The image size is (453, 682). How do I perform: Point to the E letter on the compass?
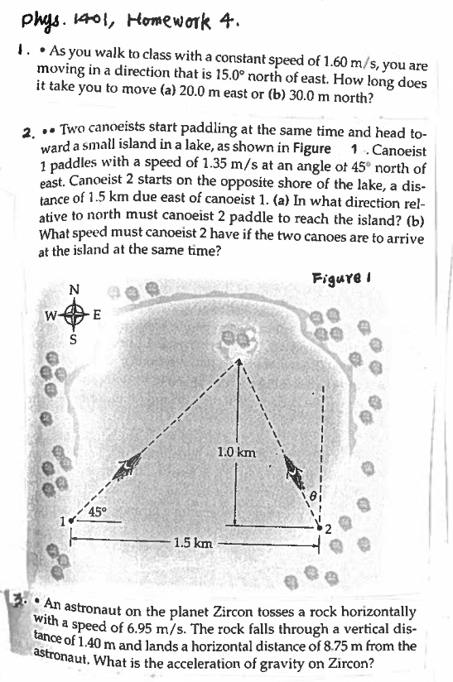[x=98, y=315]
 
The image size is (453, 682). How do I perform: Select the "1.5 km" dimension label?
[x=193, y=544]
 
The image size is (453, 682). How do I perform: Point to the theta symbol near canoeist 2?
[x=315, y=495]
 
